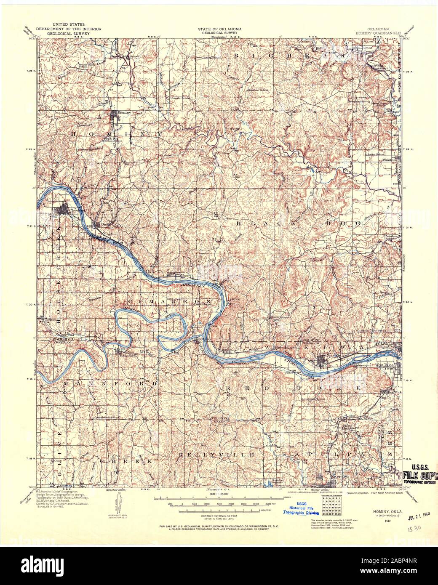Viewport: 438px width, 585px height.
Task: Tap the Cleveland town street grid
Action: pyautogui.click(x=64, y=209)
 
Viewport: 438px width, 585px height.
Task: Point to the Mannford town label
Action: pyautogui.click(x=125, y=355)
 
